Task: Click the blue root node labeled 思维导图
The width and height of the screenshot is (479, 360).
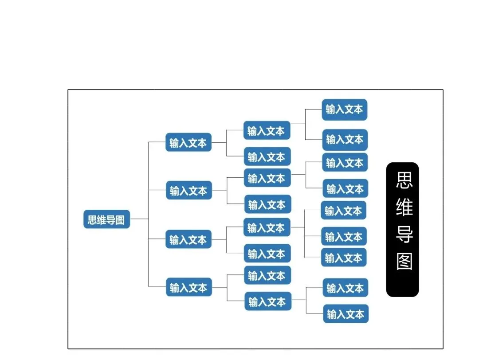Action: click(106, 219)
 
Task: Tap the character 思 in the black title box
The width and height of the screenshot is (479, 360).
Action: click(404, 180)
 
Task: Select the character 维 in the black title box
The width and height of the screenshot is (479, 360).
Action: click(404, 207)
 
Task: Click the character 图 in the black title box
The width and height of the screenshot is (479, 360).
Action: click(404, 262)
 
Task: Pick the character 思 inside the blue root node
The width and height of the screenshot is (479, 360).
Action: click(92, 219)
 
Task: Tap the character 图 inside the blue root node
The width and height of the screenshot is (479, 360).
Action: click(120, 219)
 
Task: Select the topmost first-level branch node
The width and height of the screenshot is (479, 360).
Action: click(188, 143)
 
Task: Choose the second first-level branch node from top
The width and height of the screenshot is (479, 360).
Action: click(189, 191)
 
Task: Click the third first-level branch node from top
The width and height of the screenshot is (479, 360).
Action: click(188, 239)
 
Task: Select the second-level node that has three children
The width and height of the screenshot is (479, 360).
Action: click(267, 227)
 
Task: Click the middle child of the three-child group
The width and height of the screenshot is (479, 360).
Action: click(344, 237)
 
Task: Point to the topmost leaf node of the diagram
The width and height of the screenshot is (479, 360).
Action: click(344, 109)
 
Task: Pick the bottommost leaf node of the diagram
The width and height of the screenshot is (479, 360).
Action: click(346, 314)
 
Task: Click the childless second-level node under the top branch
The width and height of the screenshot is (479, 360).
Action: click(267, 157)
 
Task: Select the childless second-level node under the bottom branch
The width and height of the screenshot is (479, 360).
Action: click(267, 275)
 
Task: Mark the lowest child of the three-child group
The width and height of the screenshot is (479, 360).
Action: click(344, 258)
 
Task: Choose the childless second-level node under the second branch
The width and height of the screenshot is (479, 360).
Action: click(267, 204)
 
